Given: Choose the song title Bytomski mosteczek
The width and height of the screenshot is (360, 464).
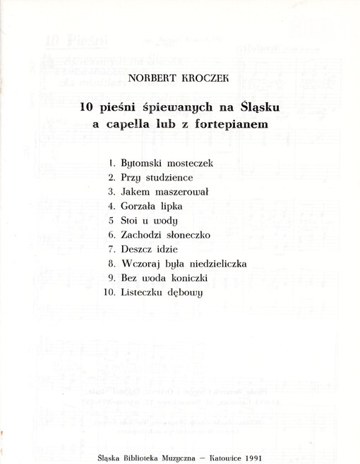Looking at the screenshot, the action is (x=167, y=163).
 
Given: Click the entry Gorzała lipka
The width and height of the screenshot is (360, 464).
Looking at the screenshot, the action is (x=152, y=206).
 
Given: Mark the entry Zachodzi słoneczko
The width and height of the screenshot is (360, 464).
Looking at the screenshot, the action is (x=165, y=235).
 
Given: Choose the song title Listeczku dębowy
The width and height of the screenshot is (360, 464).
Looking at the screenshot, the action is (x=162, y=293).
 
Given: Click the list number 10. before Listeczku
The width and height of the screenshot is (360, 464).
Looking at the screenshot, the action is (x=109, y=292).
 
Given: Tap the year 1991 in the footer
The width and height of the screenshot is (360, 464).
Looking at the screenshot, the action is (x=258, y=456).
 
